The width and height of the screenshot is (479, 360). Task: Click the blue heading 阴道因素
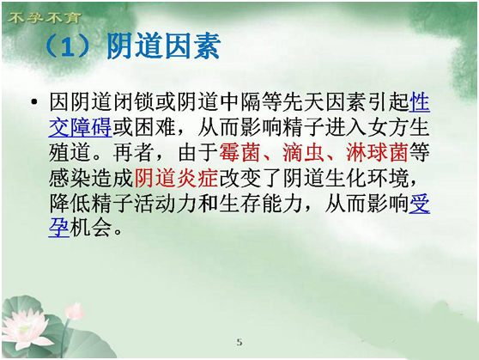[163, 46]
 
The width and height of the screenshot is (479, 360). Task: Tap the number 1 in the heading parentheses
[68, 47]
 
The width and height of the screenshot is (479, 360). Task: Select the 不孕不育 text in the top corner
[44, 18]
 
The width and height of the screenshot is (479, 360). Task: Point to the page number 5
[240, 342]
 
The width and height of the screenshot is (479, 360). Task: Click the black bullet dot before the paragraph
[34, 101]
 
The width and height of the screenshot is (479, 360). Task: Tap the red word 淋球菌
[378, 152]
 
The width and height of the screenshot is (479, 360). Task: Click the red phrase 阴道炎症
[176, 178]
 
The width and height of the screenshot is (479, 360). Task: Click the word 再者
[134, 152]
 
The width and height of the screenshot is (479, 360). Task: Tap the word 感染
[70, 178]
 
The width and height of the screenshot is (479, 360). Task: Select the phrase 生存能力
[261, 203]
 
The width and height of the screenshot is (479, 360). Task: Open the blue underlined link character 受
[420, 203]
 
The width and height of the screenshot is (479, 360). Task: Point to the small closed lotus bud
[75, 311]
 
